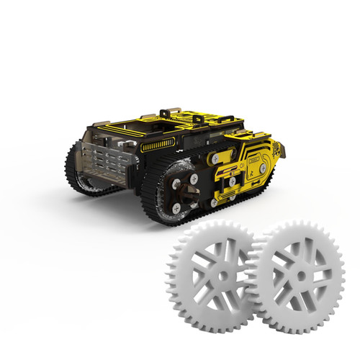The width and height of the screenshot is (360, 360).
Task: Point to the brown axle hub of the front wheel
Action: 184,188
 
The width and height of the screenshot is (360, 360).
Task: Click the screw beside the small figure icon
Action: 264,167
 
